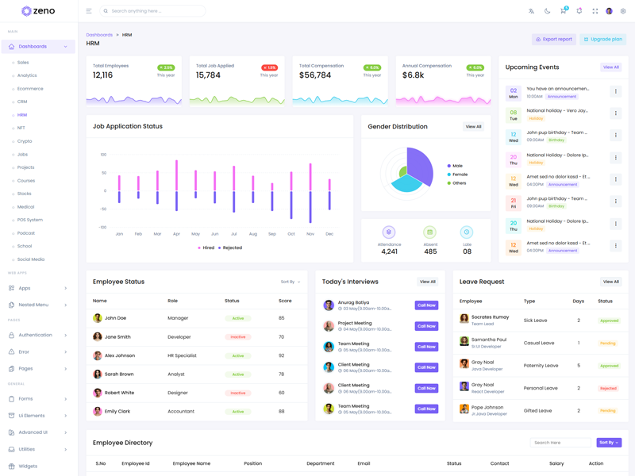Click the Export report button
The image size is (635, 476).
(553, 39)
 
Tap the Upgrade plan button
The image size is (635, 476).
(603, 39)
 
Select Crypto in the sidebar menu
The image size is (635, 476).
(25, 141)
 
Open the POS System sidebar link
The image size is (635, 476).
(30, 220)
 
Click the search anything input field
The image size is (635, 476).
(155, 11)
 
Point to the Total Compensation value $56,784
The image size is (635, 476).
(315, 75)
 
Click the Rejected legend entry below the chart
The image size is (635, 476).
(232, 248)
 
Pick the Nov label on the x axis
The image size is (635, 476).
(310, 234)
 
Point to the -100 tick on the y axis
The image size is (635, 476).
(102, 227)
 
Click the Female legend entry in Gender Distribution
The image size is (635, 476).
(460, 175)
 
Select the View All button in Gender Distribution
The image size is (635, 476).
(473, 127)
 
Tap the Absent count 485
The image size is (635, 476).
(430, 251)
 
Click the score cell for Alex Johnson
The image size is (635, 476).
(282, 355)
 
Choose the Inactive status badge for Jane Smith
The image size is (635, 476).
(237, 337)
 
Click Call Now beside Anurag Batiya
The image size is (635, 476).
(426, 305)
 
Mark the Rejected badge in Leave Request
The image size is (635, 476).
(608, 389)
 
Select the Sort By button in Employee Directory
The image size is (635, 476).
(609, 443)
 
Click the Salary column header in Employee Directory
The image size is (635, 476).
(556, 463)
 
